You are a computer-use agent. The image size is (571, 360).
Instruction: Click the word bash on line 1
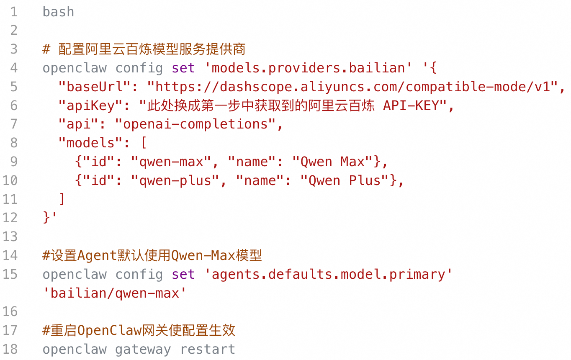point(58,12)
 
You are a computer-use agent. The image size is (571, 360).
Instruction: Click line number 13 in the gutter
point(10,237)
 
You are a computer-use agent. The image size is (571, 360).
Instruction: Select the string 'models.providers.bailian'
point(308,68)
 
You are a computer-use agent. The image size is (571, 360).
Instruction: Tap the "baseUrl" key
point(95,87)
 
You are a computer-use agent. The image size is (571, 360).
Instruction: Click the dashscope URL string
point(352,87)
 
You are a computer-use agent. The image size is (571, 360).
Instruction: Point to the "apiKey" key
point(90,106)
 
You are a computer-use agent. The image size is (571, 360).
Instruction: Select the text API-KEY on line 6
point(411,105)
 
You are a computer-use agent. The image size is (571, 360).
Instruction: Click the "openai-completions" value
point(195,124)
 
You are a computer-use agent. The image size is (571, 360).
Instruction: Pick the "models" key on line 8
point(90,143)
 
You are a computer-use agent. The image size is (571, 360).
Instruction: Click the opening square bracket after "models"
point(144,142)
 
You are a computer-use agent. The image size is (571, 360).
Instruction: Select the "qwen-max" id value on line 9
point(171,162)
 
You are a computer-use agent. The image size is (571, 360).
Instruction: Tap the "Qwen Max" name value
point(332,162)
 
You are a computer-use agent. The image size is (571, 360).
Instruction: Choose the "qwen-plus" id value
point(175,181)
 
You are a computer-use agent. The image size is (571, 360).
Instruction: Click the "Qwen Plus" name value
point(345,180)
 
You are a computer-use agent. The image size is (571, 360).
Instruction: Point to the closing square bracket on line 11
point(62,199)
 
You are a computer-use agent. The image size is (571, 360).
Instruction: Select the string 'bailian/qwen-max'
point(115,293)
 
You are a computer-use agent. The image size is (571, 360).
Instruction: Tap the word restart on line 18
point(208,349)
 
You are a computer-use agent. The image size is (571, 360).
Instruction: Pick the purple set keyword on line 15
point(183,275)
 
